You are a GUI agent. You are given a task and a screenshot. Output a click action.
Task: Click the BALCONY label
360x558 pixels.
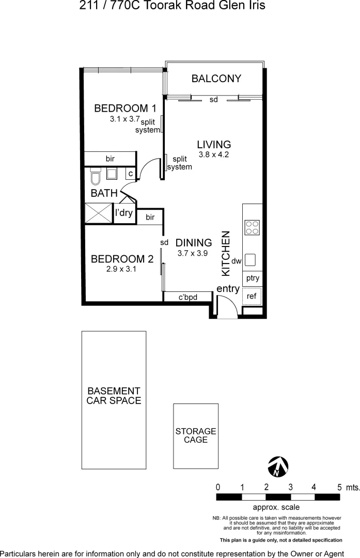[216, 79]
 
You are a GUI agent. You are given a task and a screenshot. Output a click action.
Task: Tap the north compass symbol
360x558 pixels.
[278, 467]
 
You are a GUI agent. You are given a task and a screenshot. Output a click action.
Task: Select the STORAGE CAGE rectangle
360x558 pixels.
[195, 436]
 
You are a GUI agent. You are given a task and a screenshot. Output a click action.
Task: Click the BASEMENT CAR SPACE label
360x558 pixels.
[114, 396]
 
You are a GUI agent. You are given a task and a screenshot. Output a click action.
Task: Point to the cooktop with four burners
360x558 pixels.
[252, 227]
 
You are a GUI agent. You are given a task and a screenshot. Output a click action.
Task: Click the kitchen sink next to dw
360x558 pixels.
[251, 259]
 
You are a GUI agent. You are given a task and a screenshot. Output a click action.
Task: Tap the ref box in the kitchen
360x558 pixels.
[252, 296]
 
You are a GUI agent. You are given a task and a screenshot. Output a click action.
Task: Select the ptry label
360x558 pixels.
[253, 278]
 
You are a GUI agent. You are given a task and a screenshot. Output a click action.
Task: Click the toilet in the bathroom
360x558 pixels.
[95, 179]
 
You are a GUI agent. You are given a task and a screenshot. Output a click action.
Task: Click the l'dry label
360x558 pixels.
[124, 212]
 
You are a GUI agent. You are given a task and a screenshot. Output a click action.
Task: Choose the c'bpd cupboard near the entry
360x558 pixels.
[188, 297]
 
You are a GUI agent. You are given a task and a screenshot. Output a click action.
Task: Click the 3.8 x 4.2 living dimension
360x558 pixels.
[214, 154]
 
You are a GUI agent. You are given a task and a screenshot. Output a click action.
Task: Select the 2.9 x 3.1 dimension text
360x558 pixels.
[121, 269]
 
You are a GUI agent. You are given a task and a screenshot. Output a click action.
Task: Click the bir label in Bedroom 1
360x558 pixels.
[110, 159]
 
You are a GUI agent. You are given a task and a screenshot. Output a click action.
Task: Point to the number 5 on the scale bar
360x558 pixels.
[339, 487]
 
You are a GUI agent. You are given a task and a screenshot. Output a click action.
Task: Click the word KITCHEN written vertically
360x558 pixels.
[226, 253]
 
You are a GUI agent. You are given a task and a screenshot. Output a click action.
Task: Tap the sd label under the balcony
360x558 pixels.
[213, 100]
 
